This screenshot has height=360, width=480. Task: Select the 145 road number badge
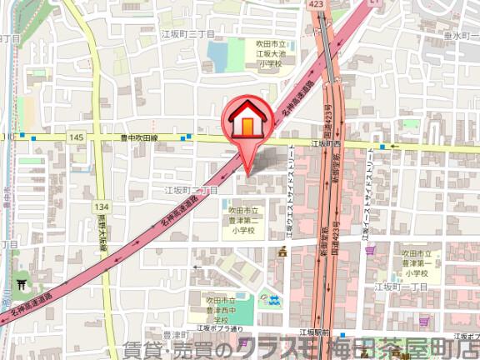click(x=77, y=137)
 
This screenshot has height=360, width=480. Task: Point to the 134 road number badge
click(x=102, y=206)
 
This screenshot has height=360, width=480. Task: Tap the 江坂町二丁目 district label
click(x=191, y=191)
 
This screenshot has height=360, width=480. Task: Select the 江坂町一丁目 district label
click(x=400, y=287)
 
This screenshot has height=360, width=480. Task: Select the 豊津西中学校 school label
click(x=218, y=309)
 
